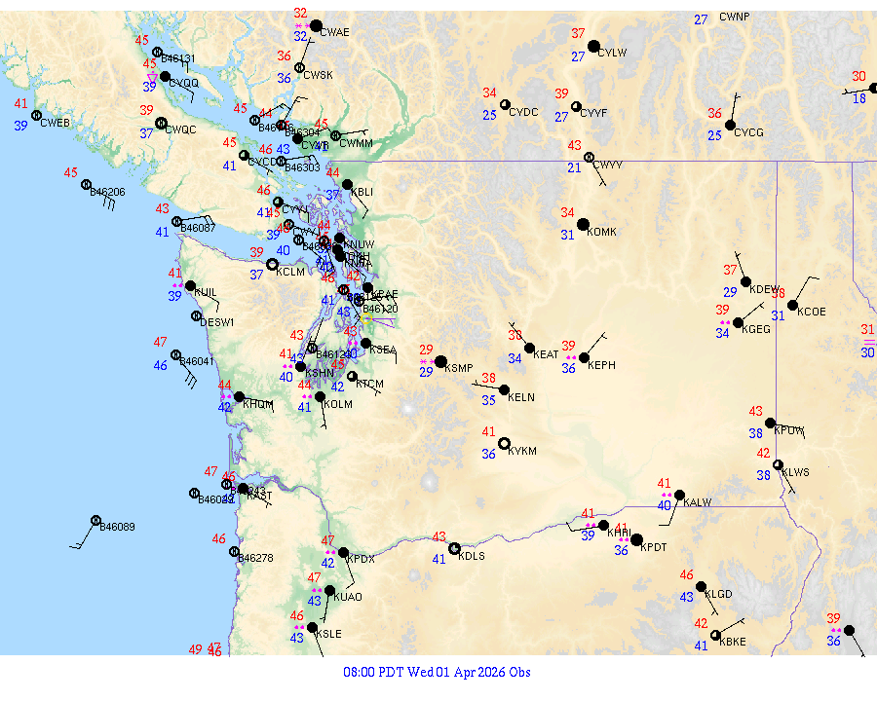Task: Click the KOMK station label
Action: (602, 232)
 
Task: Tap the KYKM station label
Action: (523, 451)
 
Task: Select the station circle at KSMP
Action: (440, 361)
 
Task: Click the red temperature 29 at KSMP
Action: (426, 350)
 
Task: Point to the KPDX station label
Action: (361, 559)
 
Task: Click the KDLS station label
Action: (472, 556)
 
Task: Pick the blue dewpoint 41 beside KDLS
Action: (438, 559)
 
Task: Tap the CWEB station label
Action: (57, 123)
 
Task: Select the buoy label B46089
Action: (118, 527)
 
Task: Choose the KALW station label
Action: (698, 502)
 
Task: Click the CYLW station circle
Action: (593, 46)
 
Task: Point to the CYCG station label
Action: (748, 132)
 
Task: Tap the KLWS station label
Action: (795, 472)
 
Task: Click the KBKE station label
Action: (733, 642)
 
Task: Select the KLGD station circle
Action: (701, 586)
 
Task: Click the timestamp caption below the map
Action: (438, 672)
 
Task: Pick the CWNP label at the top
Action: (735, 17)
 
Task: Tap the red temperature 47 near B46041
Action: (160, 342)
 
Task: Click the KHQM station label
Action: (257, 403)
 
